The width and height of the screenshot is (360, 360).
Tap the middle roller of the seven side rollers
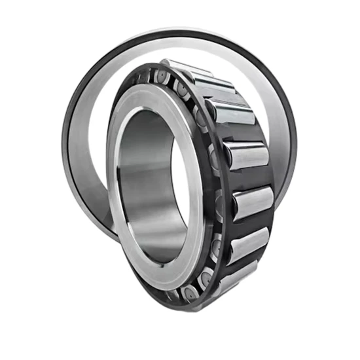pyautogui.click(x=246, y=155)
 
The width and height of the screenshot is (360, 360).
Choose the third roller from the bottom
pyautogui.click(x=253, y=200)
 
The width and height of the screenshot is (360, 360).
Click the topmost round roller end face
pyautogui.click(x=161, y=78)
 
